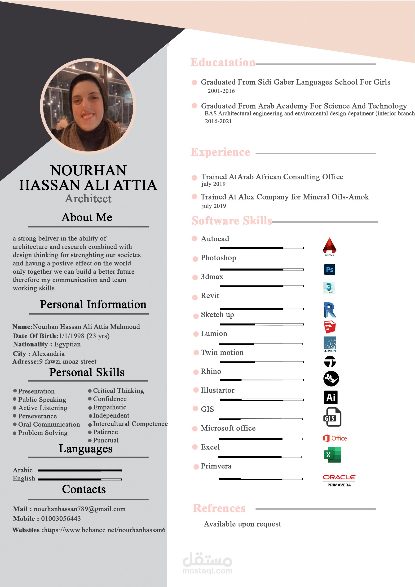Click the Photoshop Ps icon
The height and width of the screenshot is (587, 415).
329,269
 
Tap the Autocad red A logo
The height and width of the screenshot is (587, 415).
329,246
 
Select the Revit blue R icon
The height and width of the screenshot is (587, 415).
330,310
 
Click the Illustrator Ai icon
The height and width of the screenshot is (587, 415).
331,397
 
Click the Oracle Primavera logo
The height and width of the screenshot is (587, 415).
339,480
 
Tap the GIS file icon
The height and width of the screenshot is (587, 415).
332,417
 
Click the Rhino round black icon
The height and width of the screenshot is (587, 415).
331,379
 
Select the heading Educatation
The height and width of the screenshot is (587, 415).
223,62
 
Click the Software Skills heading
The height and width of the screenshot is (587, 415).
232,221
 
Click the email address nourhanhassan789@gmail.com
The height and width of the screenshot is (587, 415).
79,509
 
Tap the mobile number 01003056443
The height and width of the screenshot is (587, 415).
61,519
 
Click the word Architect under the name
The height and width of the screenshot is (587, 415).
88,199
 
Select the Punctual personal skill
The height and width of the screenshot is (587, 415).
106,440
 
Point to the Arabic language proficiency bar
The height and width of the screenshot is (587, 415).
80,470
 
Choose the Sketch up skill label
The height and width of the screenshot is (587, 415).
217,315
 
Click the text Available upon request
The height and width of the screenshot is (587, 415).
242,524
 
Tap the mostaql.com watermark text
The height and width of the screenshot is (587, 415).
207,571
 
